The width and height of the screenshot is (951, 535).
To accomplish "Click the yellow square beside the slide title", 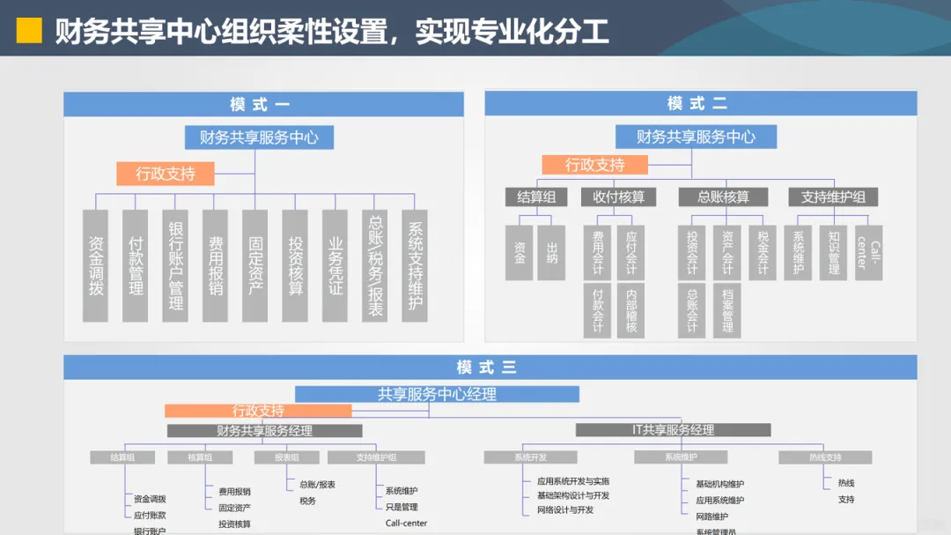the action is [30, 31].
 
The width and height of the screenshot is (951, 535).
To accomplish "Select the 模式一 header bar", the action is [263, 104].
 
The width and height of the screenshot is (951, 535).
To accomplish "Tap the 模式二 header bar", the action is [700, 103].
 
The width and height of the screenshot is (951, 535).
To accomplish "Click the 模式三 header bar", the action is [490, 368].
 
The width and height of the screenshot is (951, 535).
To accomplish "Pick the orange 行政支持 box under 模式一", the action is [166, 174].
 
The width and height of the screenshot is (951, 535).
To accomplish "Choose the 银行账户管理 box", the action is [175, 265].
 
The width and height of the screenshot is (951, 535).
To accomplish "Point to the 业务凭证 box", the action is [335, 265].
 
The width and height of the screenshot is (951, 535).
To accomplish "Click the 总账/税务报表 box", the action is [375, 265].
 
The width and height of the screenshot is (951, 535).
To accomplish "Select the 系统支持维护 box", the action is [415, 265].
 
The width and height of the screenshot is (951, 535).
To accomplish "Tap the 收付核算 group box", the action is [618, 197].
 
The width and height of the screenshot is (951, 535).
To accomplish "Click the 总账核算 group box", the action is [723, 197].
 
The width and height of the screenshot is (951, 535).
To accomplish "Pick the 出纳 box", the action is [551, 253].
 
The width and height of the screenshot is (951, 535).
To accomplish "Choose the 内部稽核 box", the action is [630, 310].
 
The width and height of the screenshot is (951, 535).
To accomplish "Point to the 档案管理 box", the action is [726, 310].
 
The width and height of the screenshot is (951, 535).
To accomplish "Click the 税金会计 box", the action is [763, 253].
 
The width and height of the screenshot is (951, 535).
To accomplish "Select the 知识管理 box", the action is [833, 253].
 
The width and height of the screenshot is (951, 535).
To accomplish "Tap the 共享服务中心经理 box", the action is [437, 394].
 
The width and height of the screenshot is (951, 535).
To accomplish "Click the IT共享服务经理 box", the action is [673, 430].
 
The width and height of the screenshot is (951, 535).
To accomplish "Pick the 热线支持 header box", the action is [825, 457].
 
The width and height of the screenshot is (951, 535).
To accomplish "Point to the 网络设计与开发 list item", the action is [565, 509].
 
